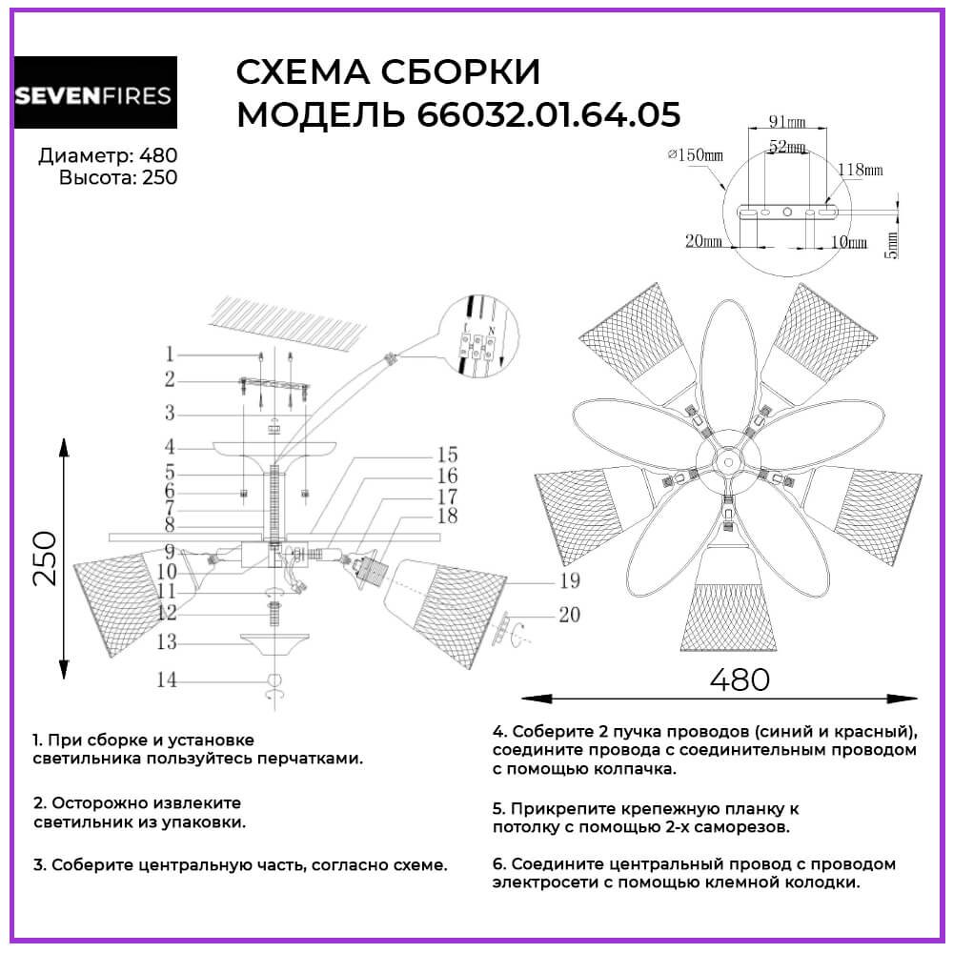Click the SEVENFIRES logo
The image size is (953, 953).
tap(93, 95)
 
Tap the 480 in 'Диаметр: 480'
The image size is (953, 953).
tap(158, 156)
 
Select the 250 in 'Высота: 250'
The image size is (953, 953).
tap(159, 177)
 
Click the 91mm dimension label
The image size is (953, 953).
tap(787, 122)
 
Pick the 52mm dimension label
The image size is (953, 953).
tap(787, 147)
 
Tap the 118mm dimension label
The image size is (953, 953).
tap(860, 169)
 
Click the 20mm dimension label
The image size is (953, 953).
tap(702, 241)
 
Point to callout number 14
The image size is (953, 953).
tap(168, 680)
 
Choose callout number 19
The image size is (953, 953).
tap(569, 580)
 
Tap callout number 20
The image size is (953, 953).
tap(569, 615)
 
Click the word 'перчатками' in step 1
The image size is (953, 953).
tap(309, 760)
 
